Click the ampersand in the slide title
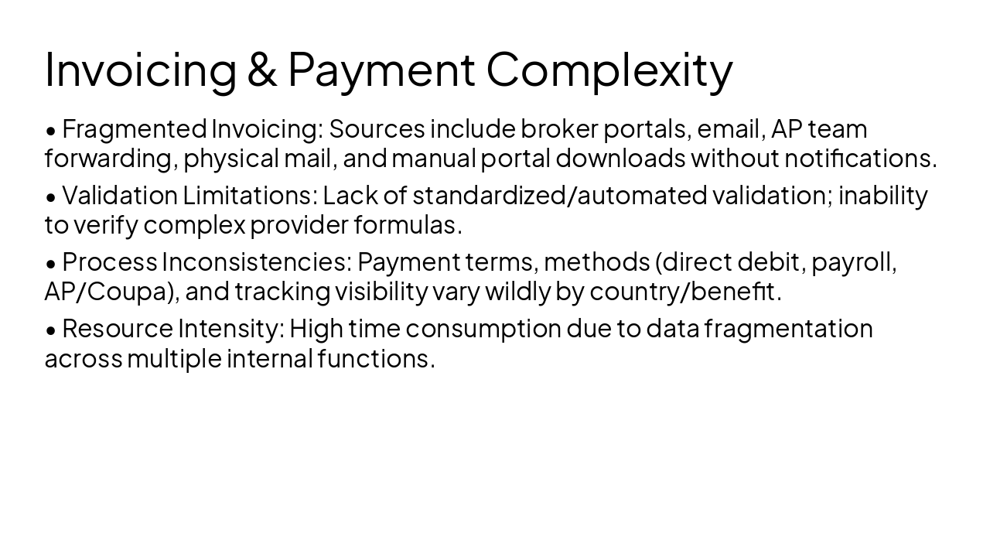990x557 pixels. pos(262,70)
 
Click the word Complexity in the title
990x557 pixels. pos(609,70)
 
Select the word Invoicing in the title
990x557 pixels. pos(140,70)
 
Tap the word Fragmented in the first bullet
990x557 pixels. pos(134,128)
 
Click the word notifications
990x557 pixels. pos(860,158)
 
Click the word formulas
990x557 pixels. pos(408,225)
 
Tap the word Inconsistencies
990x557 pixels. pos(255,262)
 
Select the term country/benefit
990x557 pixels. pos(684,292)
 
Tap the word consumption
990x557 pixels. pos(483,329)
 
